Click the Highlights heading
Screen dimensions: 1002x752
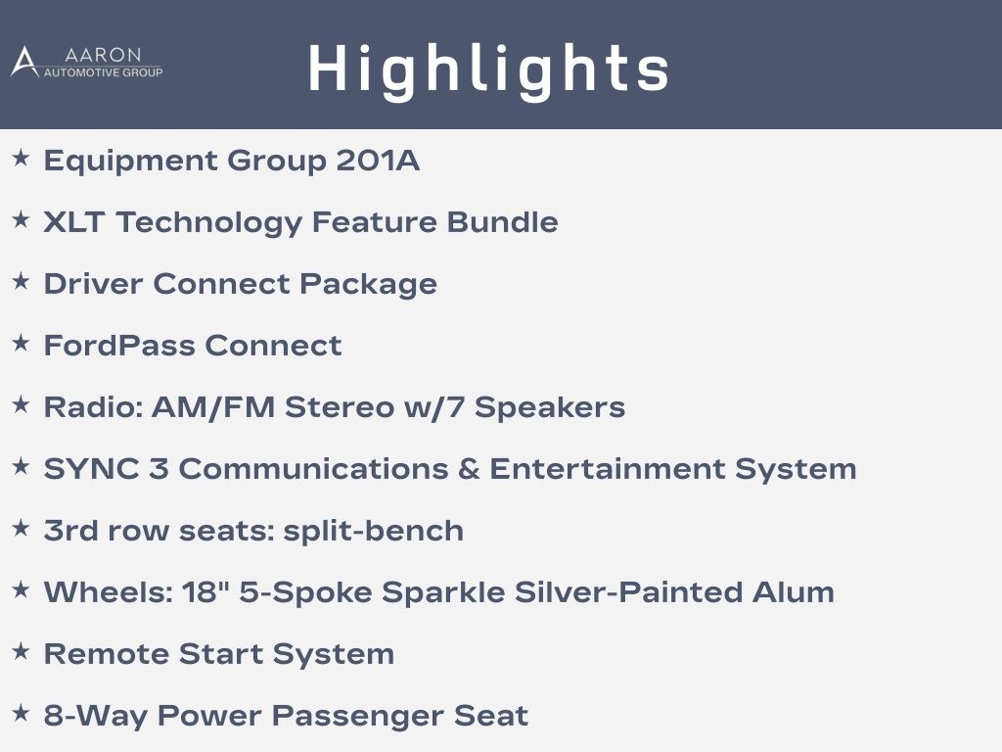(489, 70)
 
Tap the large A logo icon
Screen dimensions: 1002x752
(24, 62)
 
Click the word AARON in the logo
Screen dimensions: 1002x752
(103, 55)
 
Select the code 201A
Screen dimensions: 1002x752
(378, 160)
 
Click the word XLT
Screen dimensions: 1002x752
(74, 222)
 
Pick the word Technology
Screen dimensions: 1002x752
(209, 223)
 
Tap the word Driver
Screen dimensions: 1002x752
(93, 283)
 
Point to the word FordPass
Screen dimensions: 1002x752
(119, 346)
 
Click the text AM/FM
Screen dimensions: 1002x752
(213, 407)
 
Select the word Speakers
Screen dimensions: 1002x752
(550, 408)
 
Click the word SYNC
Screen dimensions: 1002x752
(91, 469)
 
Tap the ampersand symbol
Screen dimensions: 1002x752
(469, 469)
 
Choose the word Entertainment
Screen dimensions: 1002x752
(608, 469)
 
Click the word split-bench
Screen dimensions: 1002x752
(373, 531)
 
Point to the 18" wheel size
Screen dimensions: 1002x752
(205, 592)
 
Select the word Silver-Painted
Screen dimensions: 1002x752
(629, 592)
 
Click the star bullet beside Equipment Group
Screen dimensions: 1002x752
(21, 158)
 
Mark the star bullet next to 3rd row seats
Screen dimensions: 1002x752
(21, 528)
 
